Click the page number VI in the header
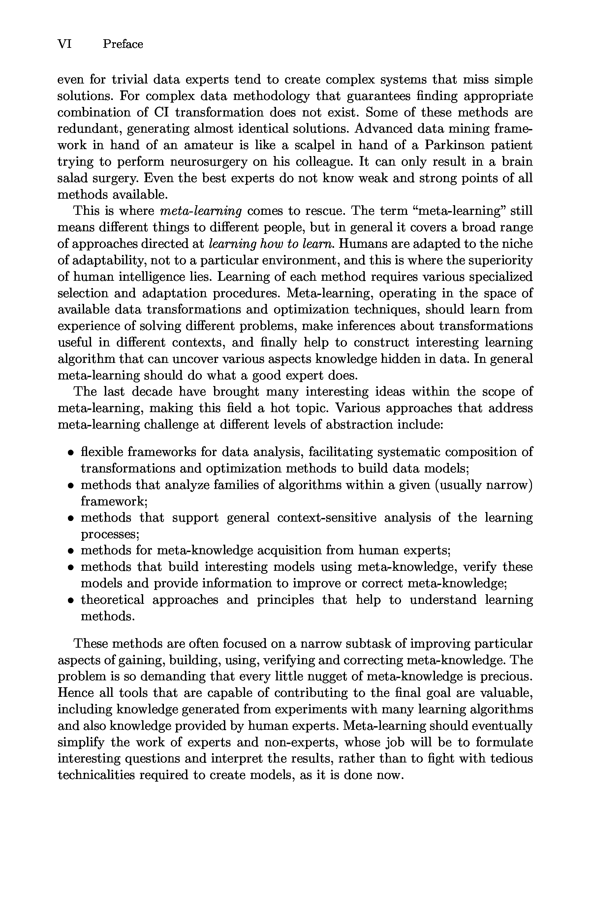[x=64, y=44]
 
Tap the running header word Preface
[x=123, y=44]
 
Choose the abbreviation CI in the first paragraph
[x=161, y=113]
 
